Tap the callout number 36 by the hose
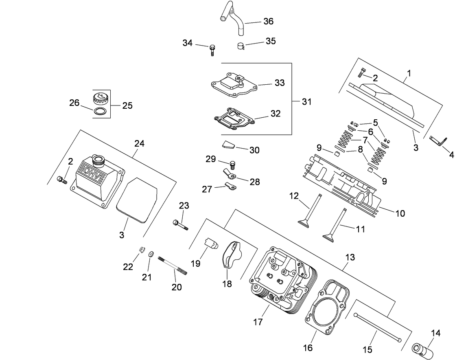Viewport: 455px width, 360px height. (x=268, y=21)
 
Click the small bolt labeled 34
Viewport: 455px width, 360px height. (x=212, y=50)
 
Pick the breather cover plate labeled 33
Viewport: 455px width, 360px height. (x=234, y=84)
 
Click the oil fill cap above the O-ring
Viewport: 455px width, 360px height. (x=99, y=97)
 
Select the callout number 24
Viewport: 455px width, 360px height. (x=140, y=143)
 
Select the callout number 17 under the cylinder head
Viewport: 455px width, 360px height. (x=258, y=322)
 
